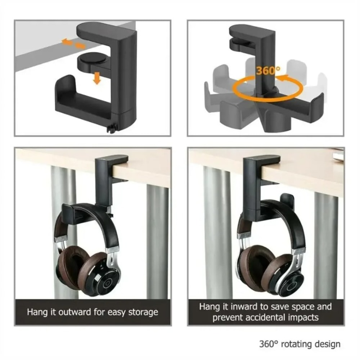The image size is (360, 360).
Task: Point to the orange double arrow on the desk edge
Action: pyautogui.click(x=73, y=44)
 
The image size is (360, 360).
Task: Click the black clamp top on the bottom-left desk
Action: pyautogui.click(x=112, y=159)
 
